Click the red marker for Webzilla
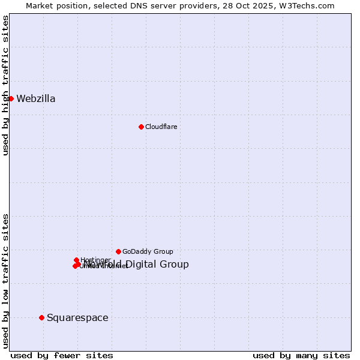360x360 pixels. point(11,98)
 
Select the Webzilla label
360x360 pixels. point(36,99)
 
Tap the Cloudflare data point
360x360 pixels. point(141,127)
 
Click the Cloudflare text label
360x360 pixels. point(161,127)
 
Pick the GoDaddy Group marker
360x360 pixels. point(118,251)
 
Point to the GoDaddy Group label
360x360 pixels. point(148,251)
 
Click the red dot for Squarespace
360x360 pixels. point(41,317)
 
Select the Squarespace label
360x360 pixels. point(77,318)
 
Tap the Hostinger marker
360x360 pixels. point(76,260)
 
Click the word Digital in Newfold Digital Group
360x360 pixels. point(141,265)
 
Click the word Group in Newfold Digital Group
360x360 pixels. point(175,265)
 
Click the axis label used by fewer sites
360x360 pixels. point(62,355)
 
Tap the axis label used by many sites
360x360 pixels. point(301,355)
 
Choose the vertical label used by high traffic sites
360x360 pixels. point(5,85)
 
